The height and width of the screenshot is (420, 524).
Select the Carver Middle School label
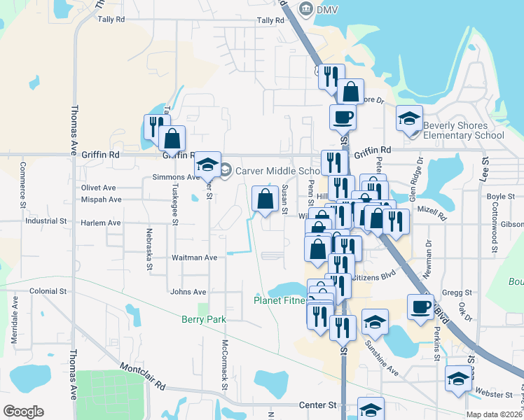(277, 171)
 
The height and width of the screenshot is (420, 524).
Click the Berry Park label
(204, 319)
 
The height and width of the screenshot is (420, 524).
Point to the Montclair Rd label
(142, 377)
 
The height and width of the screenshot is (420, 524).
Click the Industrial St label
(45, 220)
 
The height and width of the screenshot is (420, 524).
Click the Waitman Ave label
(195, 258)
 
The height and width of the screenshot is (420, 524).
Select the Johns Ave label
(188, 292)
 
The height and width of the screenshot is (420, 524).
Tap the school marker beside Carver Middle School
(207, 164)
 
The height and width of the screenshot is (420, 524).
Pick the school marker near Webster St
(459, 379)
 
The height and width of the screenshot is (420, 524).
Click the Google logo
(23, 412)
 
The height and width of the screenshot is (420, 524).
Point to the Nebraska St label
(149, 248)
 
